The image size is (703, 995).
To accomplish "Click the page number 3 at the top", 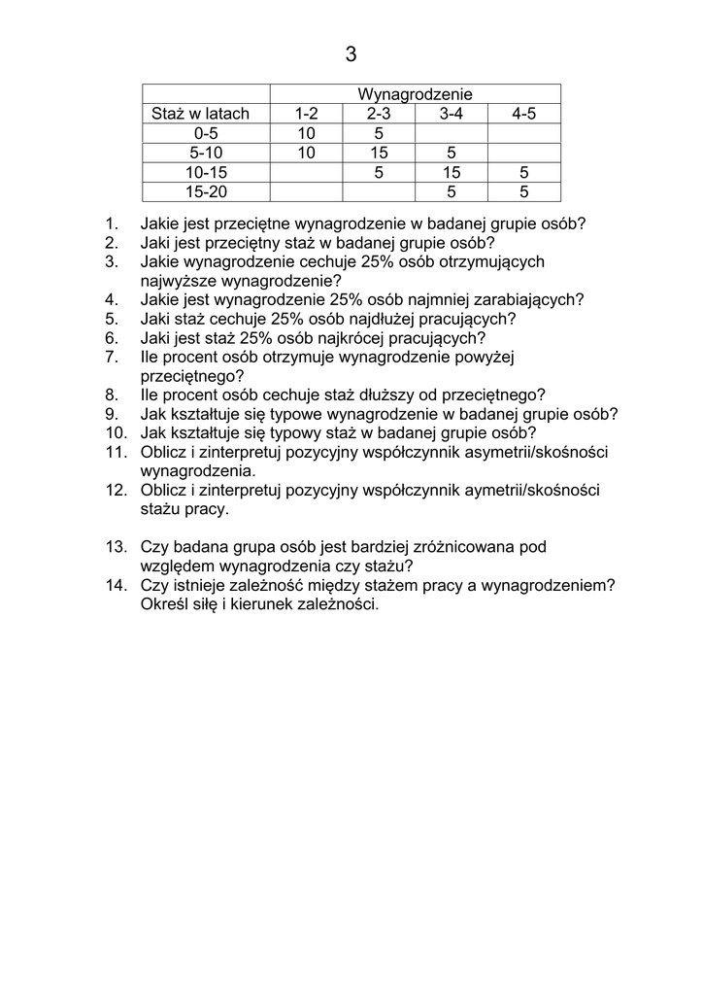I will [351, 55].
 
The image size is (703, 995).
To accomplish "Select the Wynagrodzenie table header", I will [415, 94].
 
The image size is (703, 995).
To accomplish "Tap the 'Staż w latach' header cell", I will [201, 114].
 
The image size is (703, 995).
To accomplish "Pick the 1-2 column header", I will [306, 114].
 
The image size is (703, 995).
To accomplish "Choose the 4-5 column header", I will [524, 114].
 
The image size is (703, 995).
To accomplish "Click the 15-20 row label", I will [206, 191].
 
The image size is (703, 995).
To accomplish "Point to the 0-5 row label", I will [206, 133].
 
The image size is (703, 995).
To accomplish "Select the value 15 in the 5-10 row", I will [379, 153].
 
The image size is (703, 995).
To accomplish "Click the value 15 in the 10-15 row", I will [452, 172].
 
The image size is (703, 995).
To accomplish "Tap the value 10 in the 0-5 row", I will [306, 133].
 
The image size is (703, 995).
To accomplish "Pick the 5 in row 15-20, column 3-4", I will [452, 191].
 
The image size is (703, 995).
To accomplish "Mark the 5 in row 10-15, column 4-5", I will [524, 172].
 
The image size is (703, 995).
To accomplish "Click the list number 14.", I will [116, 585].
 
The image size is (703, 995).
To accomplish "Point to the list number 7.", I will [112, 357].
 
